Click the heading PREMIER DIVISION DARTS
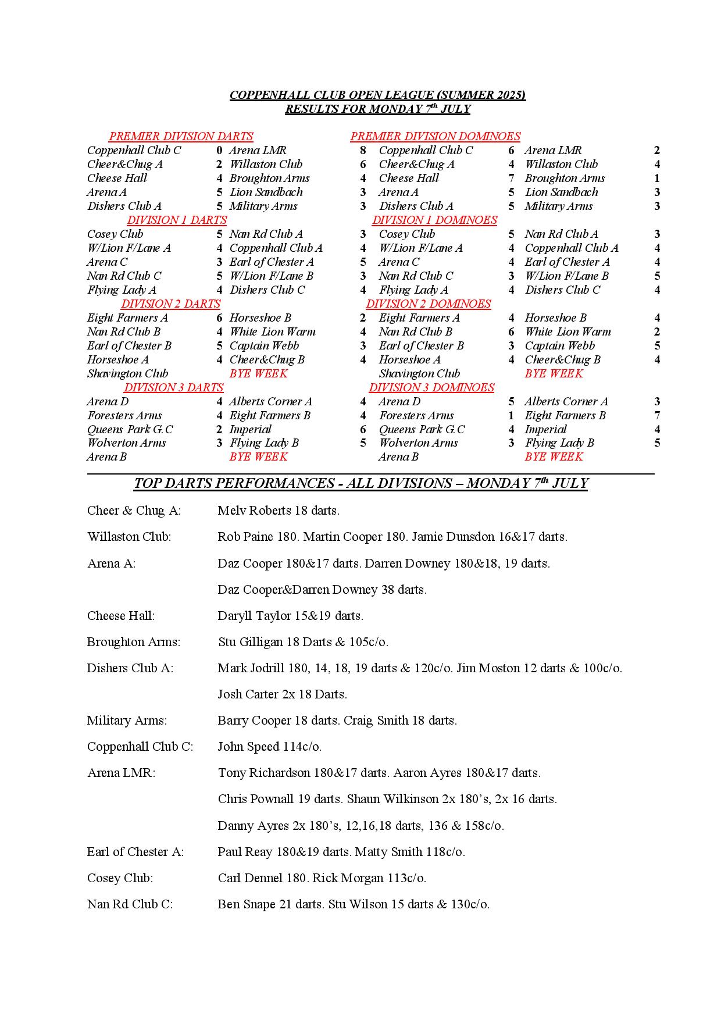click(x=181, y=137)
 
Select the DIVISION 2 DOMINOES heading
click(x=428, y=304)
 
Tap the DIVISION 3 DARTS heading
click(x=173, y=388)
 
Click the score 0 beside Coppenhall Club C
click(x=219, y=151)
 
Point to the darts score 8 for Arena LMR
click(x=363, y=151)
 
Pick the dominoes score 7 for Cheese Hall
click(x=511, y=179)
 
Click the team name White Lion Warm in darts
click(x=272, y=332)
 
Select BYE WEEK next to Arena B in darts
click(x=258, y=457)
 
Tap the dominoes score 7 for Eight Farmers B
click(x=657, y=416)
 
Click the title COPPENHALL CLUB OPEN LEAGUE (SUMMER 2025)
click(x=377, y=95)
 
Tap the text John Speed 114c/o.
click(x=269, y=747)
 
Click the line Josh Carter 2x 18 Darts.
click(x=282, y=694)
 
